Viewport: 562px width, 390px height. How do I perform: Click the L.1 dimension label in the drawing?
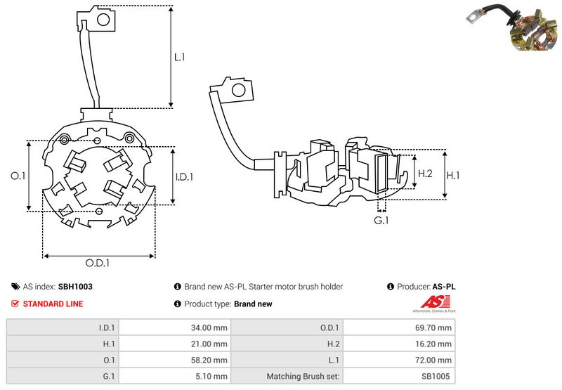point(180,58)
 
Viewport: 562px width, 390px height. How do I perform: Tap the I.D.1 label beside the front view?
point(183,177)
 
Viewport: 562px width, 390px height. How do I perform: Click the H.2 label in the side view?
point(425,173)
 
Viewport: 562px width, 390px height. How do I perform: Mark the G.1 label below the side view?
point(381,221)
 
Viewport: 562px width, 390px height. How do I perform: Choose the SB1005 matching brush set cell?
point(438,376)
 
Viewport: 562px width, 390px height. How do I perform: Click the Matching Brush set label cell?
point(303,376)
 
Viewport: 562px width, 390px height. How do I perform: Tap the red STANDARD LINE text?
point(53,304)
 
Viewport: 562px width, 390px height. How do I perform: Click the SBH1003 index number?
point(75,287)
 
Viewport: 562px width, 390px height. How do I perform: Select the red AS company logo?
point(419,303)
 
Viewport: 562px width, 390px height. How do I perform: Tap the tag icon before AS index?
point(15,287)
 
